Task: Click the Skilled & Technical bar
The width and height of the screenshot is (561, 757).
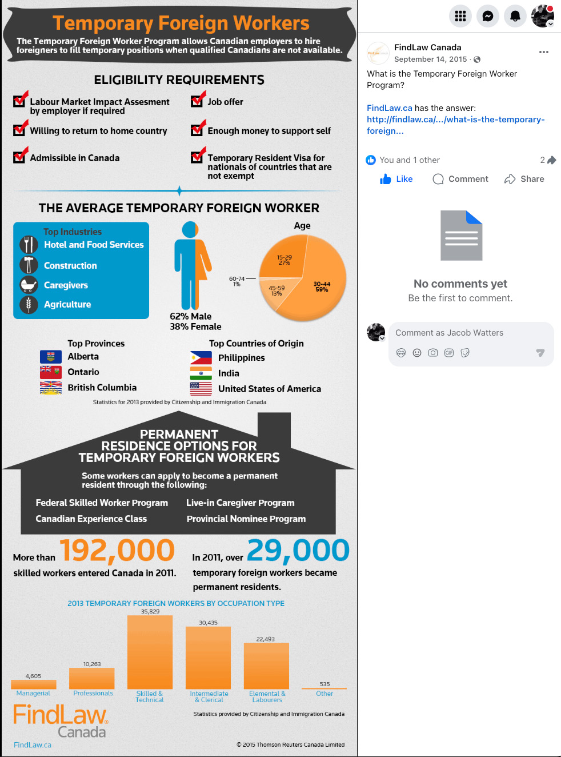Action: [150, 652]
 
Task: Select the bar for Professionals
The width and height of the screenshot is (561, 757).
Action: [91, 678]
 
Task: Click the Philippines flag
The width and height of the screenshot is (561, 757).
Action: [201, 358]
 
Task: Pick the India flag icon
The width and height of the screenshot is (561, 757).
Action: [201, 373]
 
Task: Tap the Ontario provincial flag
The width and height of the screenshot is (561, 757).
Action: [51, 372]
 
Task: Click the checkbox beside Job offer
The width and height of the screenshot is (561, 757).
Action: [198, 100]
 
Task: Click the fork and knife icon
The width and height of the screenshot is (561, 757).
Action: [29, 245]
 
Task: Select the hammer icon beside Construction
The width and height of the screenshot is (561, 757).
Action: [29, 265]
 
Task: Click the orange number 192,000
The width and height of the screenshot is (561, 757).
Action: [117, 551]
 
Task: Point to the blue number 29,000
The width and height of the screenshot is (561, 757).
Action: [298, 551]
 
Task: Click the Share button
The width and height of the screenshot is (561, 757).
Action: [524, 179]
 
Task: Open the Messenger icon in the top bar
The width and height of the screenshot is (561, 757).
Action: [488, 16]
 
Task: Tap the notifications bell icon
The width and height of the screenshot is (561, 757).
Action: [515, 16]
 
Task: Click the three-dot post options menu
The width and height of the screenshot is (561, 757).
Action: [544, 52]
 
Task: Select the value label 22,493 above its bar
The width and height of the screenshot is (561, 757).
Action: [266, 639]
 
